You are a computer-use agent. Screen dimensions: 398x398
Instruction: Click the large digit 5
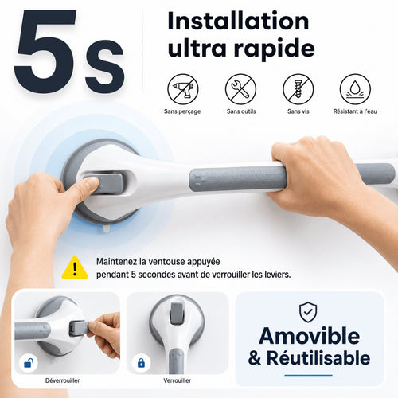coord(45,52)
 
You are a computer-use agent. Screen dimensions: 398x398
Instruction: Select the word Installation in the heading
coord(239,21)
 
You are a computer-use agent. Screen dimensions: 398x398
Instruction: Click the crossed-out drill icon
coord(183,89)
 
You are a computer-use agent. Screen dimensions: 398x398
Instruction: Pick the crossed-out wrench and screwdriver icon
coord(240,89)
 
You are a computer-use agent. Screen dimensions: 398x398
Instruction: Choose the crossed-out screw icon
coord(298,89)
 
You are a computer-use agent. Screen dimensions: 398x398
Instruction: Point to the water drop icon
coord(355,89)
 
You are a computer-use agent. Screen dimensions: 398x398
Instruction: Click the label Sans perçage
coord(182,111)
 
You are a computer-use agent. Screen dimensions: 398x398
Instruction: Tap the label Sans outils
coord(241,111)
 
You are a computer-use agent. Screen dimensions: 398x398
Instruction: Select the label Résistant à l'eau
coord(355,111)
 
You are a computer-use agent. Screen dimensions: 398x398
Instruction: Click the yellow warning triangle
coord(75,267)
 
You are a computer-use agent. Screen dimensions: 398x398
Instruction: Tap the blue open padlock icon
coord(29,363)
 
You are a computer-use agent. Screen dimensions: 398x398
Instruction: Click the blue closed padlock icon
coord(141,363)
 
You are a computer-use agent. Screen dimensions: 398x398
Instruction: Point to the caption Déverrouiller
coord(62,380)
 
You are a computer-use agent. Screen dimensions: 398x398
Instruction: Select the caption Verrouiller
coord(178,380)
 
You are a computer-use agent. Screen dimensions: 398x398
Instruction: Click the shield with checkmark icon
coord(308,312)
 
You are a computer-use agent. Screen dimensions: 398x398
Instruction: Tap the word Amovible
coord(310,336)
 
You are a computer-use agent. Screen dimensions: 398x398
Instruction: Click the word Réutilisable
coord(318,358)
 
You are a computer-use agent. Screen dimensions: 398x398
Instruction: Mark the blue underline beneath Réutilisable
coord(308,375)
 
